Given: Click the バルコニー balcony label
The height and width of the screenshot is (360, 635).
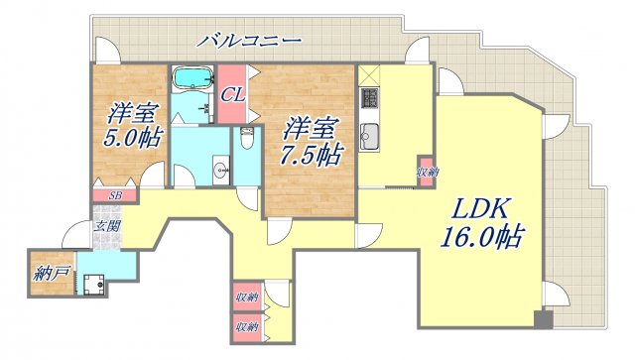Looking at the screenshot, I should (x=248, y=41).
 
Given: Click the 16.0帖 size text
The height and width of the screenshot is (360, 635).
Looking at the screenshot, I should (x=482, y=238).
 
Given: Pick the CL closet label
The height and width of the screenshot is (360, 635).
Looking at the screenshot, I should (x=233, y=95).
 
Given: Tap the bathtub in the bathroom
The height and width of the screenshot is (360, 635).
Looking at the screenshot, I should (x=193, y=80).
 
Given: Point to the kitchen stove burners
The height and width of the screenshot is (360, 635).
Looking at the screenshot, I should (x=370, y=99).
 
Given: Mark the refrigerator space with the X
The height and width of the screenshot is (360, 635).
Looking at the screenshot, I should (x=368, y=74).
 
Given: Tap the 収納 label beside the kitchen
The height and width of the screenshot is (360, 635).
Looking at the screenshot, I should (x=426, y=172).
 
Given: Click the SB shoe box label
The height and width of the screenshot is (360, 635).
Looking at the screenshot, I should (x=115, y=195).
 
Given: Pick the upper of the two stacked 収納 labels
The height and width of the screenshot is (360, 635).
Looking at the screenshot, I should (x=247, y=299).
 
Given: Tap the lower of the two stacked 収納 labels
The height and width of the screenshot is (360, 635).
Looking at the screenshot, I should (x=247, y=325).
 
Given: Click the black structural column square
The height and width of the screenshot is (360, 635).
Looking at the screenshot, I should (x=542, y=321).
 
